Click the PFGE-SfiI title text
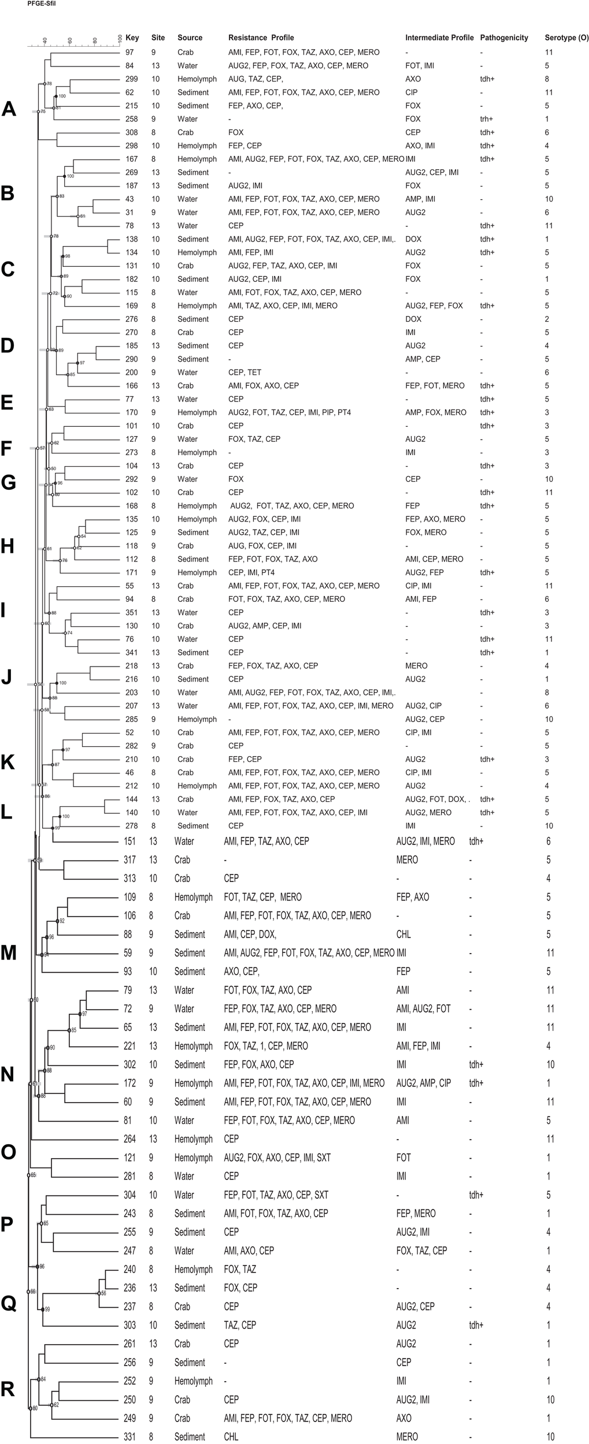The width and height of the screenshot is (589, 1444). pyautogui.click(x=42, y=4)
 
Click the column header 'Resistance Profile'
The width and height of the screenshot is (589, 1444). pyautogui.click(x=261, y=38)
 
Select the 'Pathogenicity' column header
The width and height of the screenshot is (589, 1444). pyautogui.click(x=504, y=38)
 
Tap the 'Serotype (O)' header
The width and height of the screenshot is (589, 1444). pyautogui.click(x=566, y=38)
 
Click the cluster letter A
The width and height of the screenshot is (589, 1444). pyautogui.click(x=9, y=109)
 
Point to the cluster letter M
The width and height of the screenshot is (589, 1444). pyautogui.click(x=9, y=953)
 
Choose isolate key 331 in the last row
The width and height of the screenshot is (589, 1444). pyautogui.click(x=130, y=1432)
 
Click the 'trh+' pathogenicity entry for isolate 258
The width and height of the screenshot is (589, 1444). pyautogui.click(x=486, y=119)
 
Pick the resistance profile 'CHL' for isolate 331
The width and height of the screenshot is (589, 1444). pyautogui.click(x=231, y=1432)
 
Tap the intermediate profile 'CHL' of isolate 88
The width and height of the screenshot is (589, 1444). pyautogui.click(x=403, y=935)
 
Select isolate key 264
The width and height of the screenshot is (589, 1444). pyautogui.click(x=130, y=1139)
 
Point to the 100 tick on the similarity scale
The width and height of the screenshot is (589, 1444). pyautogui.click(x=120, y=39)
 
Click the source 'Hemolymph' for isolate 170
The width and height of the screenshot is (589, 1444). pyautogui.click(x=197, y=412)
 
